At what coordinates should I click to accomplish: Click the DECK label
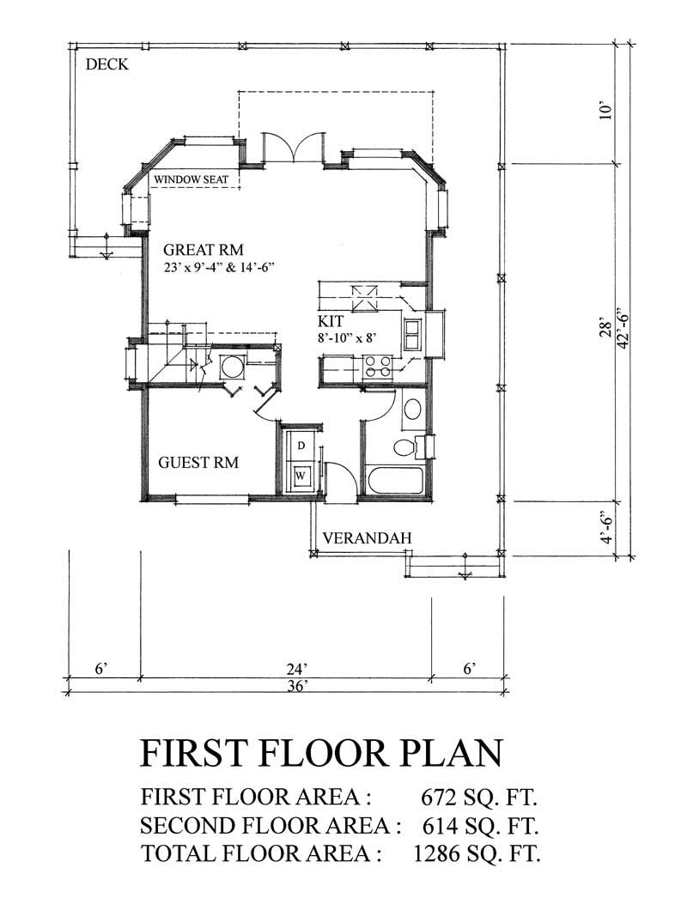pos(107,64)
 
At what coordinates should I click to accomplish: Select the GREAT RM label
pos(204,250)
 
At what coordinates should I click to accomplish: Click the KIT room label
pos(332,322)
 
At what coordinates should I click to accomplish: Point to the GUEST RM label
pos(198,463)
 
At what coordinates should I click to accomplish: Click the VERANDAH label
pos(367,538)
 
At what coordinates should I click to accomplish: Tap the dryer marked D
pos(301,446)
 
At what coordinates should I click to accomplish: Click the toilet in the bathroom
pos(404,446)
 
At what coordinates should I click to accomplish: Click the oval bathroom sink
pos(412,409)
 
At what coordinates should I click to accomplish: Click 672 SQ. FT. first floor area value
pos(478,798)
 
